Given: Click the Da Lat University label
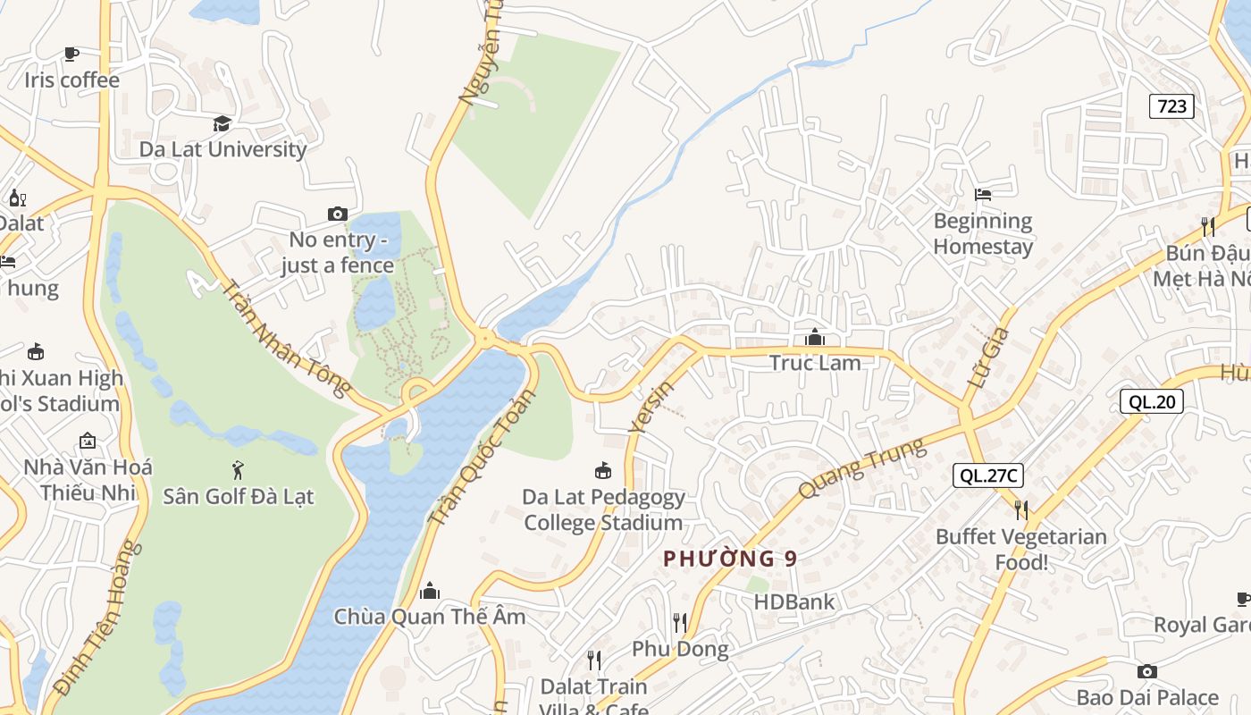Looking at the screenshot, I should pyautogui.click(x=222, y=149).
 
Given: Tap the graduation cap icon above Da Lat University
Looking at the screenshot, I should pyautogui.click(x=222, y=123).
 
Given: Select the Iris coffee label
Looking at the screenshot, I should pyautogui.click(x=71, y=80).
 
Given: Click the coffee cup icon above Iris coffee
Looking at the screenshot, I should pyautogui.click(x=71, y=54).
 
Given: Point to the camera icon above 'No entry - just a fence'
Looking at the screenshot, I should pyautogui.click(x=337, y=214).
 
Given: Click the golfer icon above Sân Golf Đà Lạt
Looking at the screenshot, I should pyautogui.click(x=238, y=469).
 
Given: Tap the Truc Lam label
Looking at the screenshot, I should pyautogui.click(x=815, y=363).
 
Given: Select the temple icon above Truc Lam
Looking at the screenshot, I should pyautogui.click(x=815, y=337).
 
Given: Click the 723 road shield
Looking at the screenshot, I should pyautogui.click(x=1171, y=106).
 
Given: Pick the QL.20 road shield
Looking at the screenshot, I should pyautogui.click(x=1152, y=401).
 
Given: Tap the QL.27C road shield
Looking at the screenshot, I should pyautogui.click(x=988, y=475).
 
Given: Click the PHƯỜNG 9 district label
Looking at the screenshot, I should pyautogui.click(x=730, y=559).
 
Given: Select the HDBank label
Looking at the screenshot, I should pyautogui.click(x=793, y=602).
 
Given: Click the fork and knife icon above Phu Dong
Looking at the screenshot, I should pyautogui.click(x=680, y=622).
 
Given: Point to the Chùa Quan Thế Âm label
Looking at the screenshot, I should pyautogui.click(x=430, y=617).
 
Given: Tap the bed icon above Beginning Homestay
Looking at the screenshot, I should pyautogui.click(x=983, y=194).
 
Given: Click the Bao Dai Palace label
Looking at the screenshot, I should pyautogui.click(x=1147, y=697).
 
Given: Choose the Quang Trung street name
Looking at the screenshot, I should pyautogui.click(x=862, y=469).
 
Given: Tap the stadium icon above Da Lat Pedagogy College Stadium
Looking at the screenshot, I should pyautogui.click(x=603, y=470).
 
